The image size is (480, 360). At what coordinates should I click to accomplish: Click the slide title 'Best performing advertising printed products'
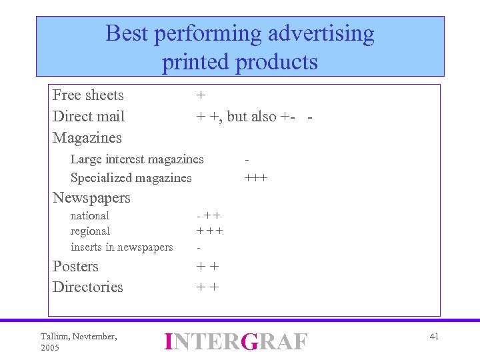(x=240, y=47)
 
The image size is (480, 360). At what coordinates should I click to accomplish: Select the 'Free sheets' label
(x=88, y=95)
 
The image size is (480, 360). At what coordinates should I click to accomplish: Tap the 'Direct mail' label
(x=89, y=117)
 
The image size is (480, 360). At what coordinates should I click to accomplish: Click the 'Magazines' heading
(x=87, y=138)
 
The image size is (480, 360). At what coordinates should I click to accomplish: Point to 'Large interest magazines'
(x=137, y=159)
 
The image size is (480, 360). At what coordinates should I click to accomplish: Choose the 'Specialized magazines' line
(x=131, y=178)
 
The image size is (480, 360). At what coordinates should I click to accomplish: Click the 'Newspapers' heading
(x=91, y=198)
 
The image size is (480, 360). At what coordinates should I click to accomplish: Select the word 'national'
(x=90, y=216)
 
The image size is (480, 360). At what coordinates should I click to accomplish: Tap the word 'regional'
(x=90, y=231)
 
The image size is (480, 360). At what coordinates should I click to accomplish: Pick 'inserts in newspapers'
(x=121, y=247)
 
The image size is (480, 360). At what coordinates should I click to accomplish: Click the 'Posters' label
(x=75, y=267)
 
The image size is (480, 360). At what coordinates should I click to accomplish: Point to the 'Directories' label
(x=88, y=287)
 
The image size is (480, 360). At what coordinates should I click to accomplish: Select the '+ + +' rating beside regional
(x=209, y=231)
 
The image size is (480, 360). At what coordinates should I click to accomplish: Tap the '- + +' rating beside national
(x=209, y=216)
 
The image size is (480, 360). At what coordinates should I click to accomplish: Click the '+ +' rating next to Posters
(x=207, y=267)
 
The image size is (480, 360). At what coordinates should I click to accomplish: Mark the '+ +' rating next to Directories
(x=207, y=287)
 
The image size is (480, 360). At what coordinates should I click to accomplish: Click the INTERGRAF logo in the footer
(x=236, y=341)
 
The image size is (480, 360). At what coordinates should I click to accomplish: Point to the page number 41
(x=434, y=337)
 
